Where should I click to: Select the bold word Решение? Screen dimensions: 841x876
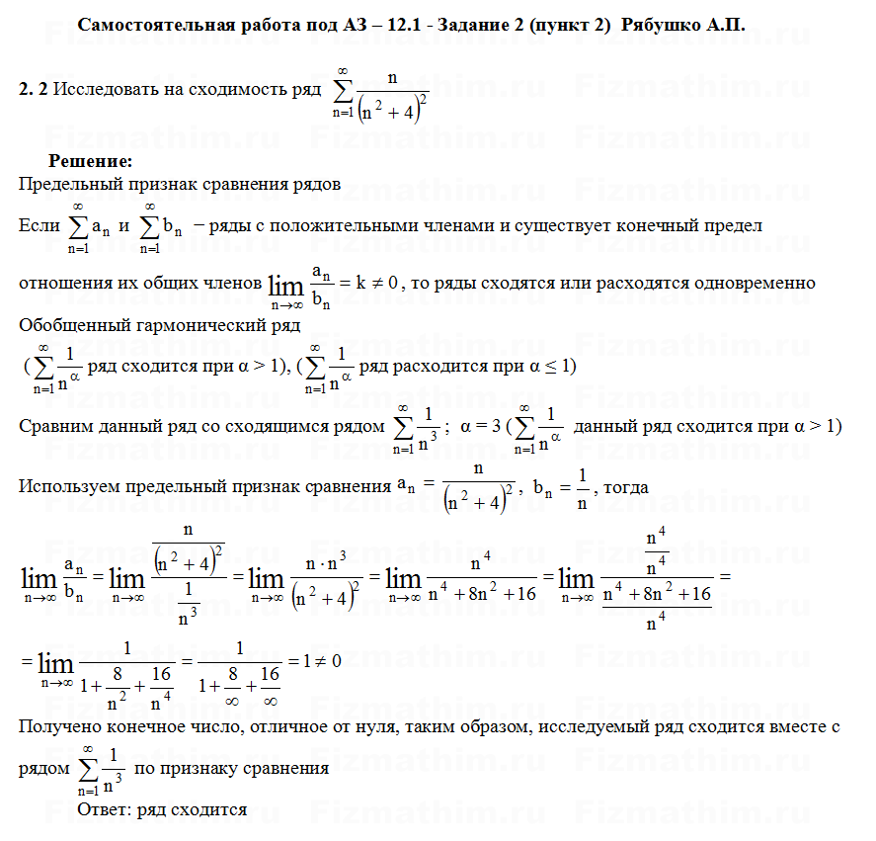(x=90, y=161)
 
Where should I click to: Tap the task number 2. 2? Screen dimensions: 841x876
(x=34, y=89)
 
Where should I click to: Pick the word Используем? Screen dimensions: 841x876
(x=69, y=486)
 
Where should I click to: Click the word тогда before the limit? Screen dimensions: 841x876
(x=626, y=486)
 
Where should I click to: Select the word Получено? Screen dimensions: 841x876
(x=58, y=727)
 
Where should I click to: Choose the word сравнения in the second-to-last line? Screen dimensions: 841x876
(x=288, y=768)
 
